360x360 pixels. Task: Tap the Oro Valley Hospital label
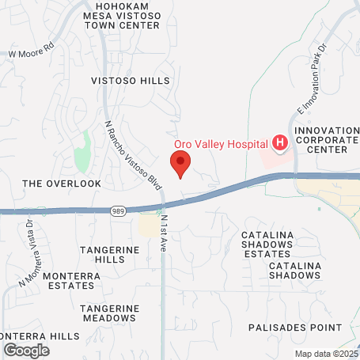tap(221, 142)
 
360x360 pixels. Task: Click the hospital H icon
tap(279, 142)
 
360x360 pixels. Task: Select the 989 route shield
tap(116, 210)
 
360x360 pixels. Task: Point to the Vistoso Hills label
tap(130, 81)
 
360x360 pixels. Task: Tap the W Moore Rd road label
tap(30, 55)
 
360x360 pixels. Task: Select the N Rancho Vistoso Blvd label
tap(134, 155)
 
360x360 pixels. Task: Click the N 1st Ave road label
tap(165, 231)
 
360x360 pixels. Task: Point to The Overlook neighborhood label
tap(62, 183)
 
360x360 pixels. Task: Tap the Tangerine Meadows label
tap(109, 313)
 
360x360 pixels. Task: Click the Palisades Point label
tap(295, 327)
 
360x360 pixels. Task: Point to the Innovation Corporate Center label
tap(324, 139)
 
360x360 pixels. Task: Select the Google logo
tap(27, 349)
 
